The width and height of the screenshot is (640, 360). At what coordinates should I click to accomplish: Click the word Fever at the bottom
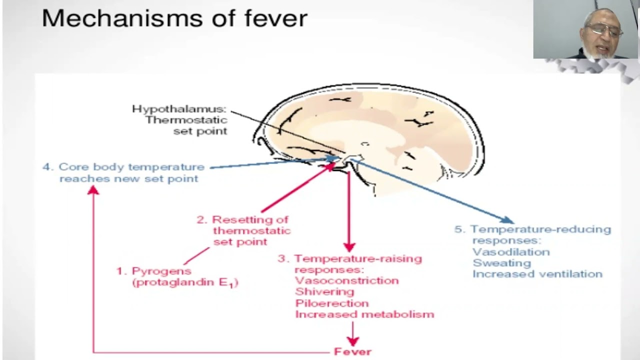click(x=352, y=351)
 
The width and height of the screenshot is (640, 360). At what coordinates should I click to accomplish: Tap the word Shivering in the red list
click(x=324, y=291)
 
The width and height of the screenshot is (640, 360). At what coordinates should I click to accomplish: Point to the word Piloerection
click(x=331, y=303)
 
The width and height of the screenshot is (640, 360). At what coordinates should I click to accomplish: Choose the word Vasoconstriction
click(x=346, y=280)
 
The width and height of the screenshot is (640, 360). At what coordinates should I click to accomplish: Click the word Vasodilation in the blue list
click(x=511, y=252)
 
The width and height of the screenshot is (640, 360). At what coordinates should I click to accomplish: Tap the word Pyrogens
click(x=161, y=271)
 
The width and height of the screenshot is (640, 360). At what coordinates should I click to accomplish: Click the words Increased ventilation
click(x=537, y=274)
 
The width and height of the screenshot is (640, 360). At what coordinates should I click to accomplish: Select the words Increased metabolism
click(x=364, y=314)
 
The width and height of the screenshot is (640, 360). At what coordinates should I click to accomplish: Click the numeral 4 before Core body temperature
click(x=47, y=167)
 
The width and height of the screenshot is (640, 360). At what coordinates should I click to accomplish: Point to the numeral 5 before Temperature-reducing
click(x=459, y=229)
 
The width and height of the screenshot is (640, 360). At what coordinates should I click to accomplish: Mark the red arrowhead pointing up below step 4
click(x=93, y=190)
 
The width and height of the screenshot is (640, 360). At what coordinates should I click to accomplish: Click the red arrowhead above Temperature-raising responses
click(x=349, y=247)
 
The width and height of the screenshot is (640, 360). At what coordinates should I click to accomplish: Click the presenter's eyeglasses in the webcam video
click(x=604, y=30)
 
